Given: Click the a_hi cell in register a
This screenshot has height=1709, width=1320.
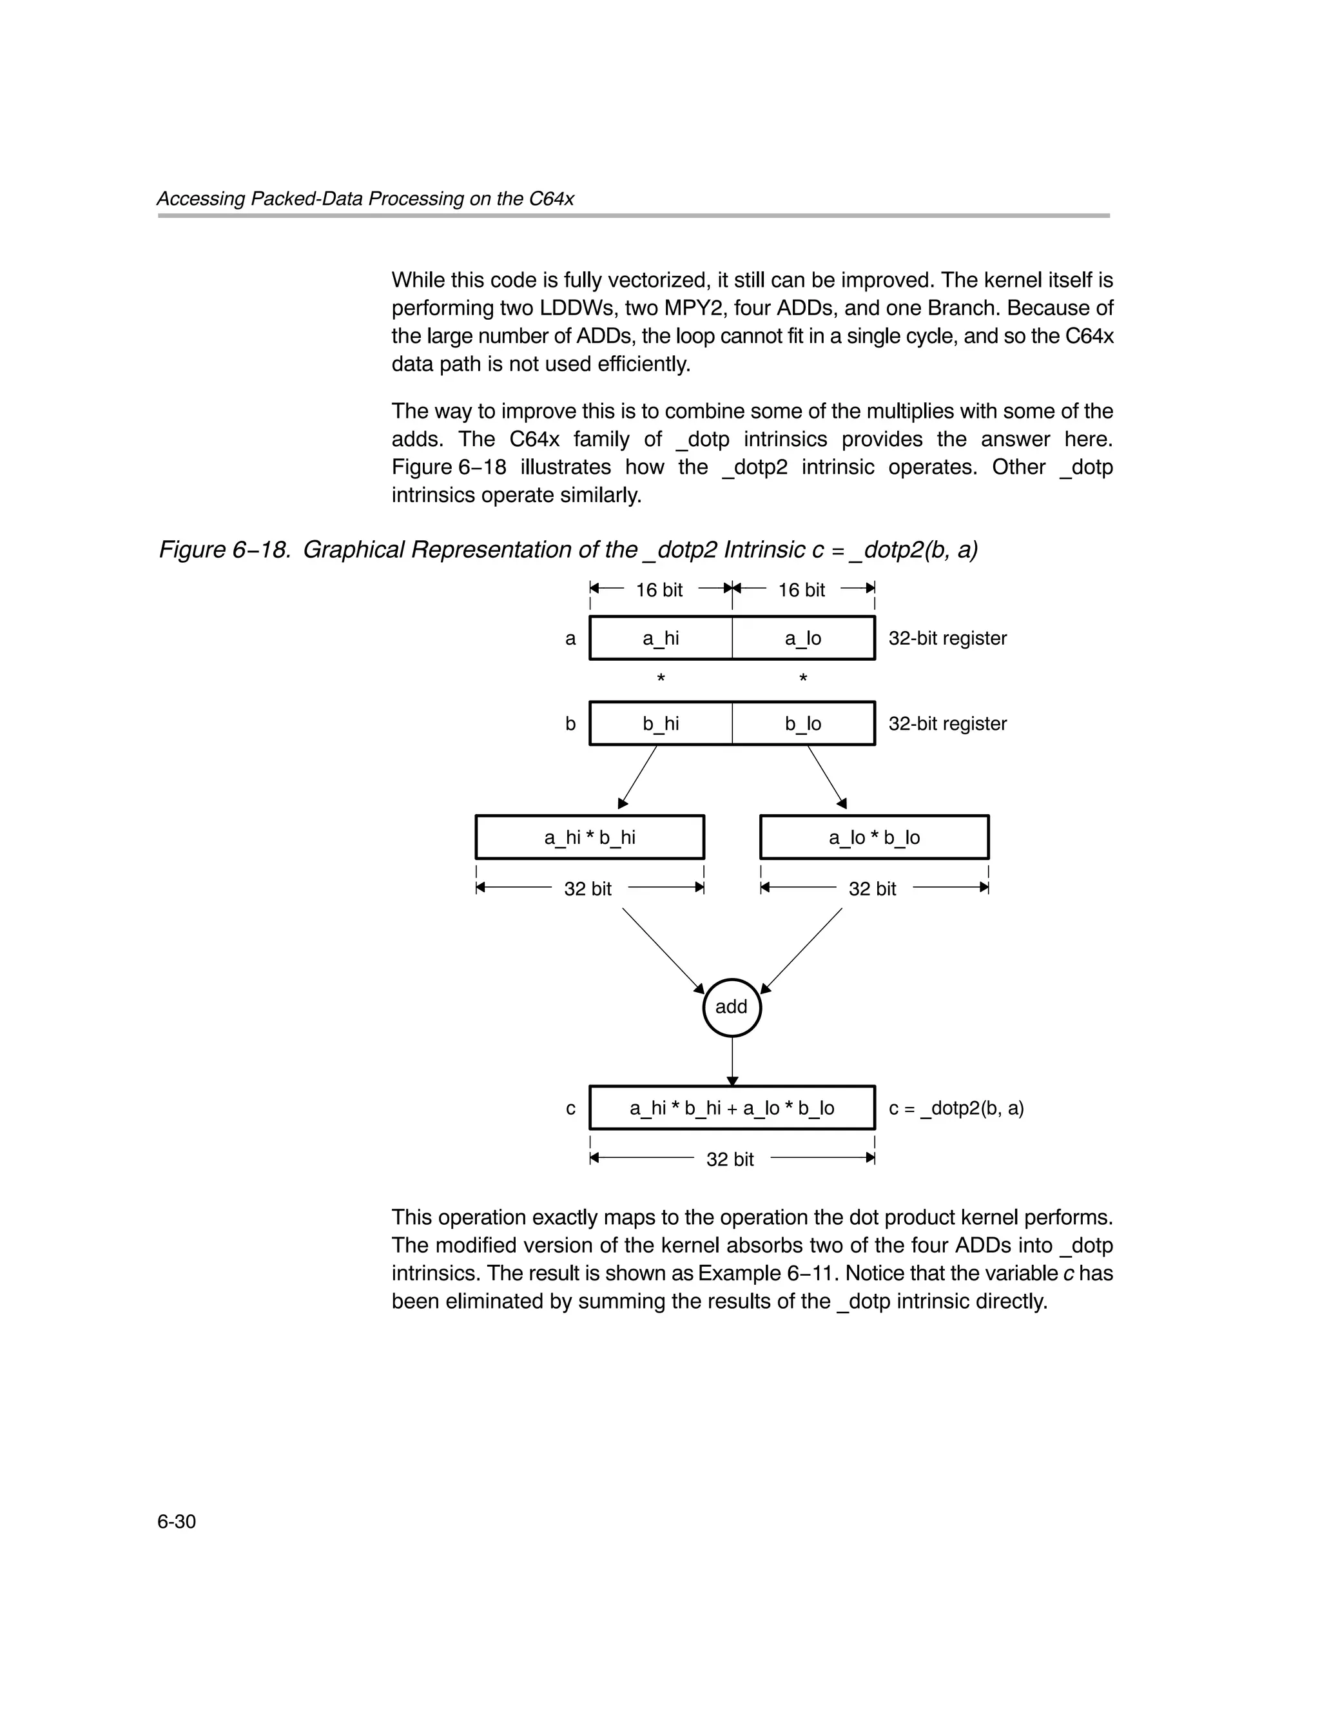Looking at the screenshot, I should [x=661, y=638].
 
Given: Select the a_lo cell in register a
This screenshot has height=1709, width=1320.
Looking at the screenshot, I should [x=803, y=638].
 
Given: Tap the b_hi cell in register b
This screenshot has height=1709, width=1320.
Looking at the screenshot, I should [x=661, y=723].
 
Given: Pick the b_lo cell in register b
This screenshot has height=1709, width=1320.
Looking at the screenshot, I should [x=803, y=723].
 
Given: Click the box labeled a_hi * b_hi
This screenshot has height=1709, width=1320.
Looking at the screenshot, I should [x=589, y=837].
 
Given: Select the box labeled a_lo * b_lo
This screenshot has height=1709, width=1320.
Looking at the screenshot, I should [x=874, y=837].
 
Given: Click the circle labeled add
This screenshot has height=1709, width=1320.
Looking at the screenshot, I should [x=732, y=1007].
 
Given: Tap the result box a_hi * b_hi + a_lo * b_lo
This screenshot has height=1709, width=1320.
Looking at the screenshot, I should [x=732, y=1108].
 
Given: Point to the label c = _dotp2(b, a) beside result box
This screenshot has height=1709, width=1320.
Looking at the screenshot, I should [x=956, y=1108].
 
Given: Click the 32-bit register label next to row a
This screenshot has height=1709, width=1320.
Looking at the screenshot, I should [x=947, y=638].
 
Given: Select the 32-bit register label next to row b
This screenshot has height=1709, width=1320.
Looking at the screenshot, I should [x=947, y=723].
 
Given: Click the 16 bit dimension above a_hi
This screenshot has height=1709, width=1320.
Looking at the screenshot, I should [x=659, y=589].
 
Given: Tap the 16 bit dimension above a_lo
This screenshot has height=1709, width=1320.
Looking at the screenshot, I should [x=801, y=589].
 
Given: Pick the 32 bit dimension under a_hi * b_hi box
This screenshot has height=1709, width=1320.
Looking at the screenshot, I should [x=588, y=888].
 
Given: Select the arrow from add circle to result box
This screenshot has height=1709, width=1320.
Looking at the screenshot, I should [x=732, y=1061].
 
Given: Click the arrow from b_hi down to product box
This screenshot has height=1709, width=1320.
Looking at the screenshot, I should [x=637, y=777].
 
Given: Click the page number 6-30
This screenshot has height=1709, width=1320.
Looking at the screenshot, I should [x=176, y=1521].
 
